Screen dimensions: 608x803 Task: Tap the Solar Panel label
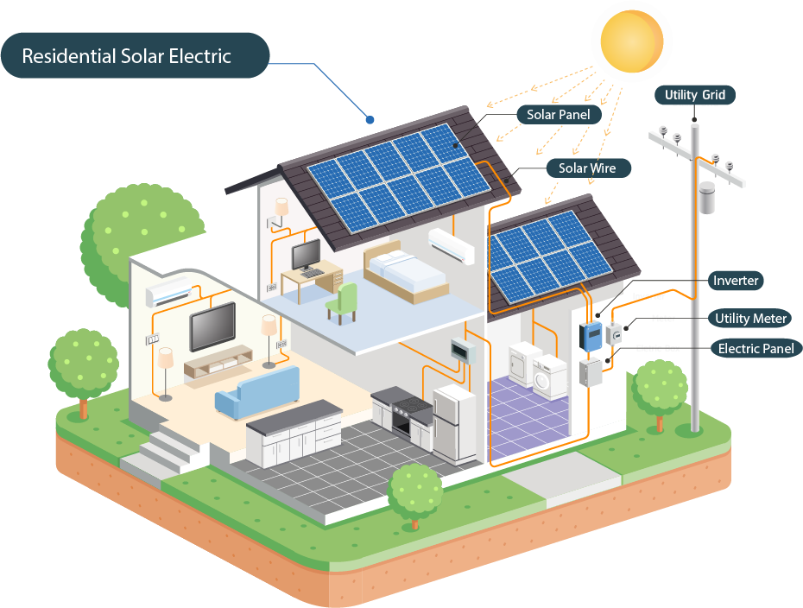point(558,115)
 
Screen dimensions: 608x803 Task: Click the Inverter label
point(736,281)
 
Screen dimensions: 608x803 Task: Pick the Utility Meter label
point(749,319)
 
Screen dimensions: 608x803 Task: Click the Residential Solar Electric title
point(127,57)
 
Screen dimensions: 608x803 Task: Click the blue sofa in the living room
point(256,390)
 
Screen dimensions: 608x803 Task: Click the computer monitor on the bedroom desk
point(306,254)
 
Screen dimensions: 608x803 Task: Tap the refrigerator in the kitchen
point(453,423)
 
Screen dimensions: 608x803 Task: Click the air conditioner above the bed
point(452,245)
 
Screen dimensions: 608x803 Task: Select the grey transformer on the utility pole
point(707,198)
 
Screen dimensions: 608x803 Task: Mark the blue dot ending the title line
point(370,118)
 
